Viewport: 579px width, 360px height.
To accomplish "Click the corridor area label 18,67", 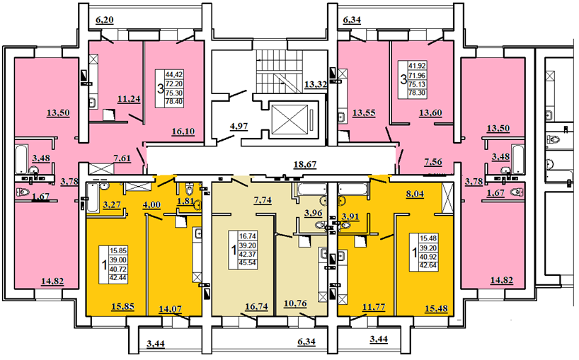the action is pyautogui.click(x=305, y=165).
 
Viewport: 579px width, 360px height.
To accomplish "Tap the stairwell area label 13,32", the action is pyautogui.click(x=316, y=84).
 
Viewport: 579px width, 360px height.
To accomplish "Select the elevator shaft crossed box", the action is pyautogui.click(x=289, y=120).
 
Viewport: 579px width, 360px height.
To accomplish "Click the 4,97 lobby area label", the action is pyautogui.click(x=239, y=127).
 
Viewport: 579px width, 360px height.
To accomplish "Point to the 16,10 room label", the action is pyautogui.click(x=183, y=132).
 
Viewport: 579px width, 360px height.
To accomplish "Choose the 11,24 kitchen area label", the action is pyautogui.click(x=129, y=98).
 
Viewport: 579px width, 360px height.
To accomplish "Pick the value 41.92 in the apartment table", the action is pyautogui.click(x=417, y=66).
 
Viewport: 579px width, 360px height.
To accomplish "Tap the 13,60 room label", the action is pyautogui.click(x=430, y=113).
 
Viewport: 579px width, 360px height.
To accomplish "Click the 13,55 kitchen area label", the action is pyautogui.click(x=364, y=113).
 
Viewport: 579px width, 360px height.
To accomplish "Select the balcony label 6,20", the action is pyautogui.click(x=105, y=21).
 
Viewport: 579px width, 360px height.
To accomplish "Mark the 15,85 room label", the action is pyautogui.click(x=122, y=306).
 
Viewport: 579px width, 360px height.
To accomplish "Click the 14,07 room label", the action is pyautogui.click(x=170, y=308).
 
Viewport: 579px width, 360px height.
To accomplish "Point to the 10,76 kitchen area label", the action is pyautogui.click(x=295, y=303).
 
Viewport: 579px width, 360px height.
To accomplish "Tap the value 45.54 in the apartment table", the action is pyautogui.click(x=248, y=263).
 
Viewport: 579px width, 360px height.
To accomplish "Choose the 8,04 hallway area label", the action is pyautogui.click(x=415, y=194).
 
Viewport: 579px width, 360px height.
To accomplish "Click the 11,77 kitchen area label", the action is pyautogui.click(x=374, y=306).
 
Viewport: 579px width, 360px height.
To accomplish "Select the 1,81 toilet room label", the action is pyautogui.click(x=185, y=201).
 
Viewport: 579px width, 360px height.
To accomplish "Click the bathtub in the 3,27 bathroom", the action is pyautogui.click(x=93, y=198).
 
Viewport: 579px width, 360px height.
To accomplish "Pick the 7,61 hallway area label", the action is pyautogui.click(x=122, y=158).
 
